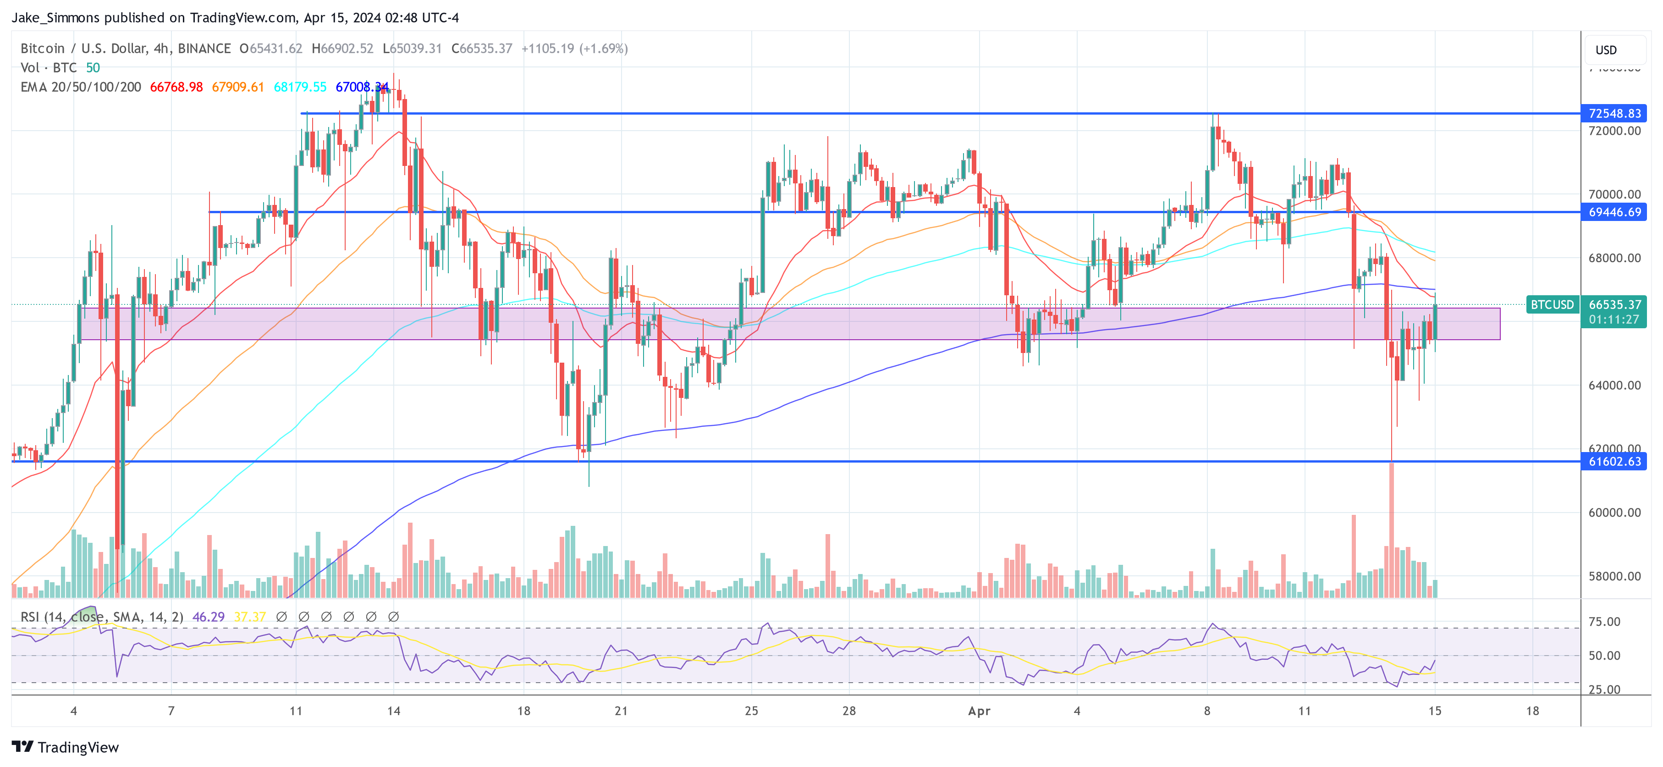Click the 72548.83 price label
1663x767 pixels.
[x=1614, y=114]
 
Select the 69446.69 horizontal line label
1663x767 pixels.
[x=1614, y=212]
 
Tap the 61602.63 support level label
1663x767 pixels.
[x=1614, y=462]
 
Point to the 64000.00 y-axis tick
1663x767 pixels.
[x=1614, y=386]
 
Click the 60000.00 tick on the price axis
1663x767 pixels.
[x=1614, y=513]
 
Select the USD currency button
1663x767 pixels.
[x=1606, y=50]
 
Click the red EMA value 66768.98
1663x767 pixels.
[x=176, y=87]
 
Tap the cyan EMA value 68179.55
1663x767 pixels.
[x=300, y=87]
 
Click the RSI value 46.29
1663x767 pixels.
[x=209, y=617]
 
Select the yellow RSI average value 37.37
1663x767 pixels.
[x=250, y=617]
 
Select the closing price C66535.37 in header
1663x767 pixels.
[x=482, y=49]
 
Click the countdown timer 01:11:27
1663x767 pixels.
[x=1613, y=320]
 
